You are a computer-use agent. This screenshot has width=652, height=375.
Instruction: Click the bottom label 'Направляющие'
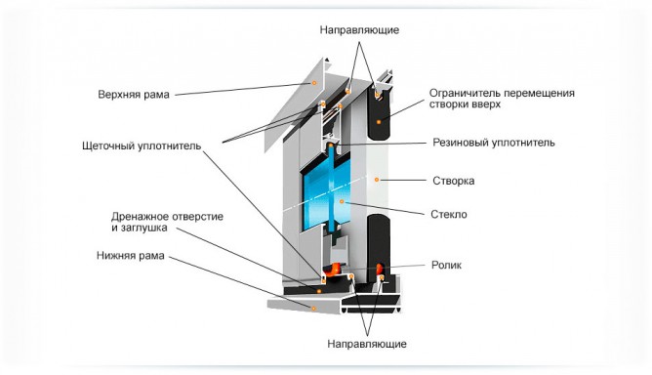367,344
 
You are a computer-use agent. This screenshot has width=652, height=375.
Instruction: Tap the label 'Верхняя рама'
134,95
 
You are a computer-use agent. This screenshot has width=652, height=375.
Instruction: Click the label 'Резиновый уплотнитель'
494,143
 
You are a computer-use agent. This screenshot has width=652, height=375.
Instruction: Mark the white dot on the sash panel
378,179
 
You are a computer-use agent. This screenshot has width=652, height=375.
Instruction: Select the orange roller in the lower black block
380,266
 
